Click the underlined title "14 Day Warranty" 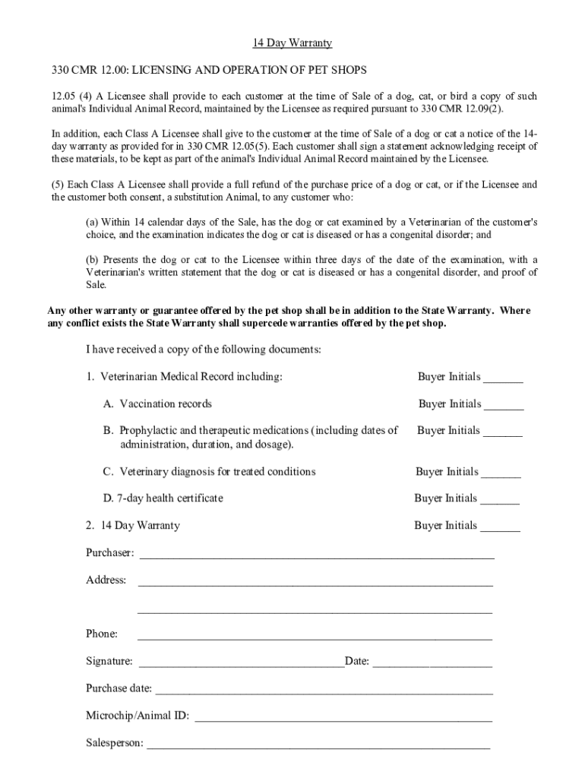pos(292,43)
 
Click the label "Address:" pos(106,580)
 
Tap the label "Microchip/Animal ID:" pos(138,716)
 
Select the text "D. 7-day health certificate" pos(163,498)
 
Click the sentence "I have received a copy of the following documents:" pos(204,350)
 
